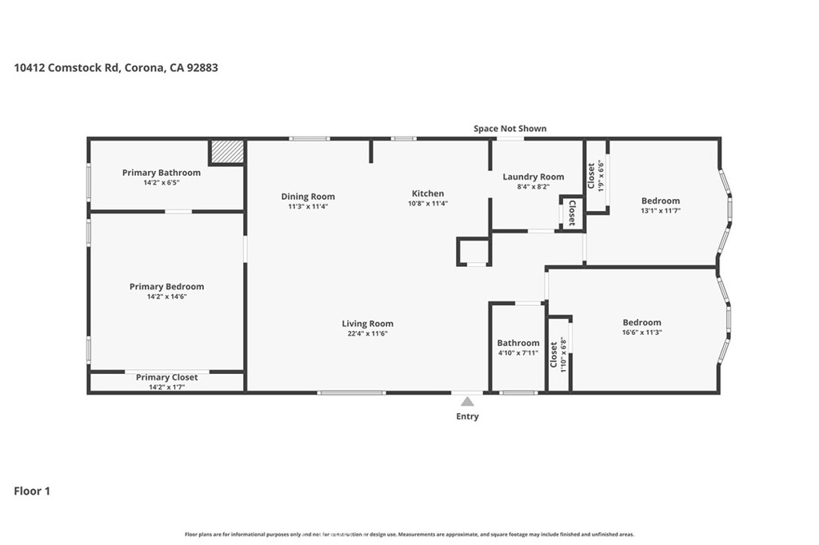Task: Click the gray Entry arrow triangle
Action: (x=467, y=401)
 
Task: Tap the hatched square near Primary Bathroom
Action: (x=227, y=151)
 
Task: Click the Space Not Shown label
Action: (x=509, y=129)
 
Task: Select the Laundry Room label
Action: (x=533, y=177)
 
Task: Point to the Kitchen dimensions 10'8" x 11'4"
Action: (x=428, y=204)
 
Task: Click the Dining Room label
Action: (x=308, y=197)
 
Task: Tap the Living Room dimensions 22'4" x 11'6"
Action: (x=368, y=333)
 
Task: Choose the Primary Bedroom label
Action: (x=166, y=287)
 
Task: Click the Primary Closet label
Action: (x=166, y=377)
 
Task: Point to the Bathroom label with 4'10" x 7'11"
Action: (x=518, y=343)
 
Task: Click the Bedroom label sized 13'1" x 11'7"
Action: (x=661, y=201)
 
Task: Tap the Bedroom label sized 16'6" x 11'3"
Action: (x=642, y=323)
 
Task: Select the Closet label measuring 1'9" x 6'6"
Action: (x=591, y=176)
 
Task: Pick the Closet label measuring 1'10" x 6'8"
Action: (x=553, y=355)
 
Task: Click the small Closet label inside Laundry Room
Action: (x=572, y=213)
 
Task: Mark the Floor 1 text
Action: (x=32, y=491)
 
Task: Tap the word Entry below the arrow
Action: (x=467, y=416)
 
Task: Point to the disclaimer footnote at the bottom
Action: (x=409, y=535)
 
